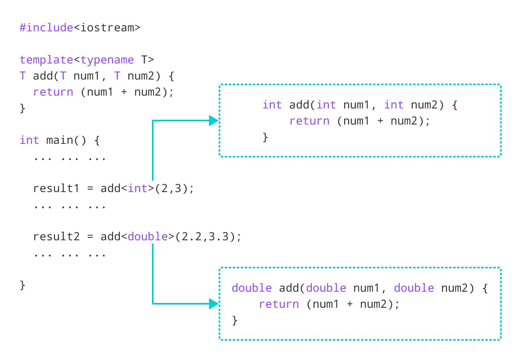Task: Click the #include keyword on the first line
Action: pos(46,28)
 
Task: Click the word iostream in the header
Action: pos(107,28)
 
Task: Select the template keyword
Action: pos(46,60)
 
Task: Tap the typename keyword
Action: pos(107,60)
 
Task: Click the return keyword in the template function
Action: pos(53,92)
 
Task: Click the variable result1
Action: pos(56,188)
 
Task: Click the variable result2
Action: pos(56,237)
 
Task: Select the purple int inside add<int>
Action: pos(137,188)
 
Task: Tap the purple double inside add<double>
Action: pos(148,237)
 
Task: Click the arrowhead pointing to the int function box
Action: pos(213,121)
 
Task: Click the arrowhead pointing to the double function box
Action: pos(213,304)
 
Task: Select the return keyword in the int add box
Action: pos(309,121)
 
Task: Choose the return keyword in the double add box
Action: pos(279,304)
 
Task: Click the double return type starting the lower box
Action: pos(252,288)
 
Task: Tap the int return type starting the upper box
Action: pos(272,105)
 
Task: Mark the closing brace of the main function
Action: pos(23,285)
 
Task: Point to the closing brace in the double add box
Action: pos(235,320)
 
